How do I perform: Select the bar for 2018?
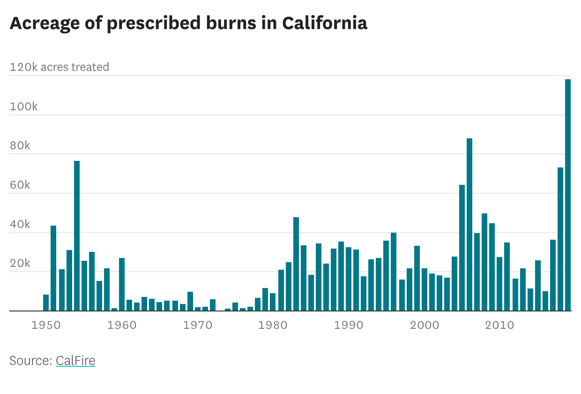coord(560,239)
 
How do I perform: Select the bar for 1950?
coord(46,303)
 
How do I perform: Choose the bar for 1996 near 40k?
coord(394,272)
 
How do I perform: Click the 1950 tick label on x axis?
coord(46,325)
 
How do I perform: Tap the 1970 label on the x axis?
coord(197,325)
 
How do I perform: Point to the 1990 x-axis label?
coord(349,325)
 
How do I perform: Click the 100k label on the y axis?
coord(23,106)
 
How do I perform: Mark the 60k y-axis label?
coord(20,185)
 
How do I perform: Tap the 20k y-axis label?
coord(20,264)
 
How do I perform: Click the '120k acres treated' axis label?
coord(60,67)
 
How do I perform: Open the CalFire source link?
coord(75,361)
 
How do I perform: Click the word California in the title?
coord(324,23)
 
